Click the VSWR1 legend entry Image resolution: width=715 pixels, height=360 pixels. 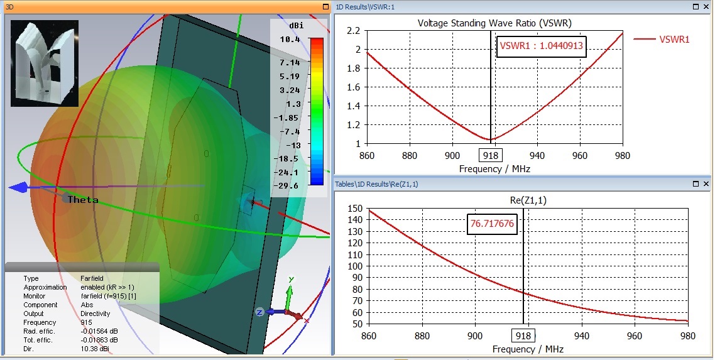(674, 39)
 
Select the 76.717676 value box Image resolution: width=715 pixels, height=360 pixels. (492, 224)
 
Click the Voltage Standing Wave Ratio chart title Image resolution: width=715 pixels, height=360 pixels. (494, 23)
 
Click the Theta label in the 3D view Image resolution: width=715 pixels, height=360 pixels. (83, 200)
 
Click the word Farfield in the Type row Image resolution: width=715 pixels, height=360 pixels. (93, 278)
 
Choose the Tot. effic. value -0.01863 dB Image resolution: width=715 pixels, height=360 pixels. (99, 340)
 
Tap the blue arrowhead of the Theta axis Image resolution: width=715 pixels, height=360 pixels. (18, 187)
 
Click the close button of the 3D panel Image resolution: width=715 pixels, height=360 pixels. (325, 6)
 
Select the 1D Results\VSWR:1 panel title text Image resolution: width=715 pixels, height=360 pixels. (365, 6)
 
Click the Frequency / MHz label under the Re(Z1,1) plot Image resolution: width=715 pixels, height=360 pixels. (528, 349)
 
